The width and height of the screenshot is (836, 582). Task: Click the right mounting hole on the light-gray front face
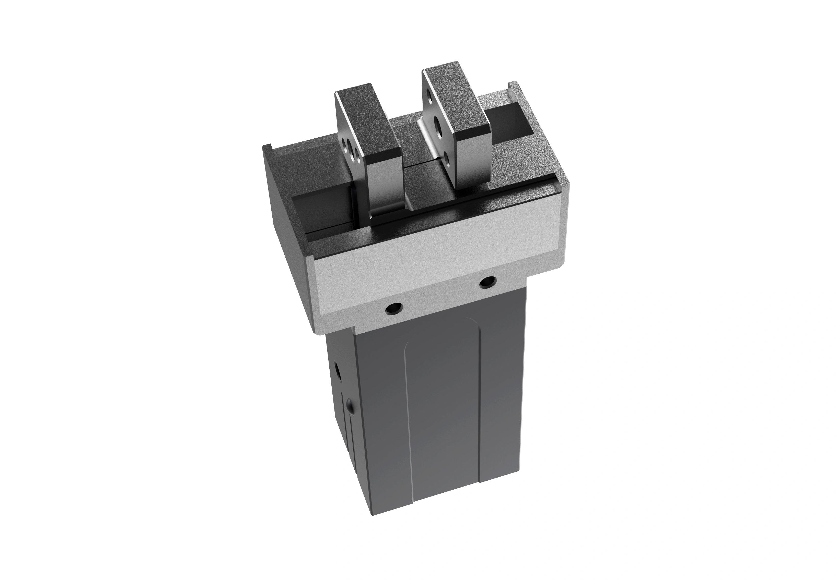pos(487,281)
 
